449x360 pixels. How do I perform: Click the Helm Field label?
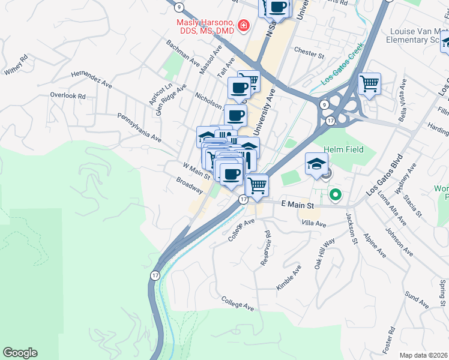pos(343,149)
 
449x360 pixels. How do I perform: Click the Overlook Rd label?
pos(68,95)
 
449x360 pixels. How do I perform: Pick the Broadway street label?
pos(190,184)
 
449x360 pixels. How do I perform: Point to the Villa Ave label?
pos(313,223)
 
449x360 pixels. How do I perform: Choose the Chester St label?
pos(309,56)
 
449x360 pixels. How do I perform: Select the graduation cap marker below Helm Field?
pos(316,163)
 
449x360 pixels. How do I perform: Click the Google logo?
pos(20,353)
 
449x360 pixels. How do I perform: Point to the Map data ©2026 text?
pos(423,355)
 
